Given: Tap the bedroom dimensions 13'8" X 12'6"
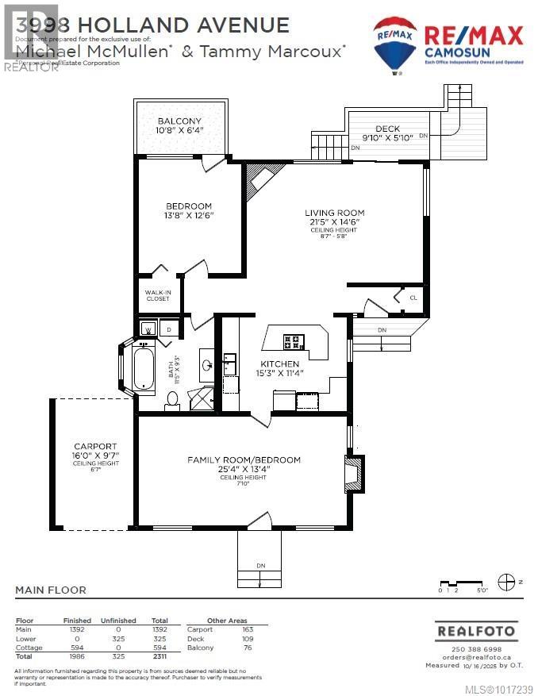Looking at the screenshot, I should click(x=189, y=215).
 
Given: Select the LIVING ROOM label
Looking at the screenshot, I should click(x=335, y=213).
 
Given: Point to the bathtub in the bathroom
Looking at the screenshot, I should click(x=144, y=367).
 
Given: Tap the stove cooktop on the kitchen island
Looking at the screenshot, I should click(x=293, y=342).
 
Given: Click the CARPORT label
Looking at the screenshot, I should click(x=95, y=446).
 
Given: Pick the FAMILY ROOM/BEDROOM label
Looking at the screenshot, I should click(x=244, y=460).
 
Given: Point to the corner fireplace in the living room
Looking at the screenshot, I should click(x=262, y=182).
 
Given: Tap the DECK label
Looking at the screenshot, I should click(x=387, y=129).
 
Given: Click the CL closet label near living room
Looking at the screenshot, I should click(x=413, y=298).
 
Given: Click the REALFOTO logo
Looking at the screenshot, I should click(x=475, y=632).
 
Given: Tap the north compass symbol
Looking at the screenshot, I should click(x=505, y=583).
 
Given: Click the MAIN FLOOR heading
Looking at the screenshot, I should click(x=51, y=590).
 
